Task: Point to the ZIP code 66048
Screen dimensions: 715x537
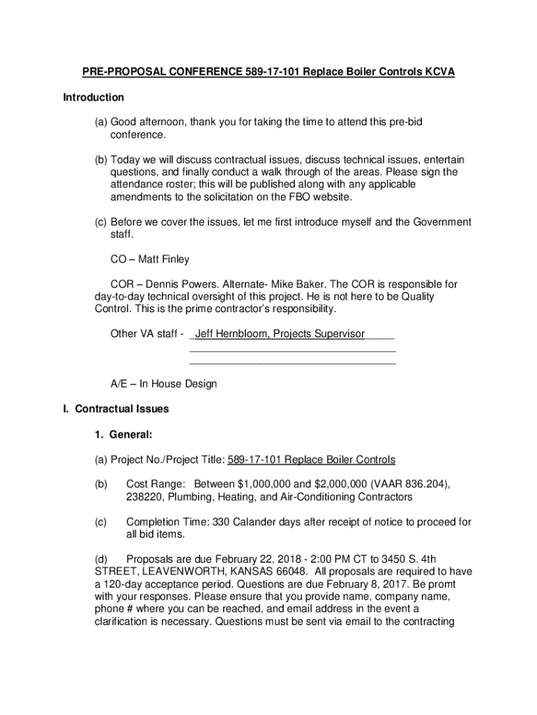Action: (x=294, y=571)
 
